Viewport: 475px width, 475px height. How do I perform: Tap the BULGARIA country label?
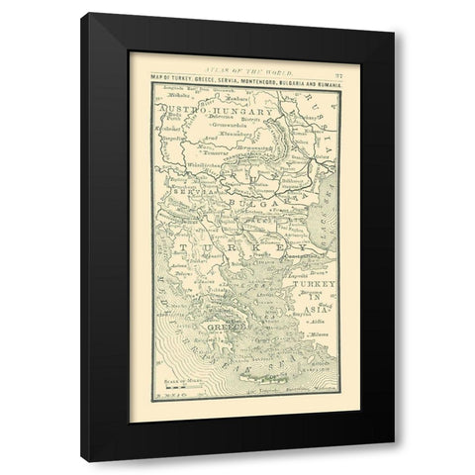[244, 202]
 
